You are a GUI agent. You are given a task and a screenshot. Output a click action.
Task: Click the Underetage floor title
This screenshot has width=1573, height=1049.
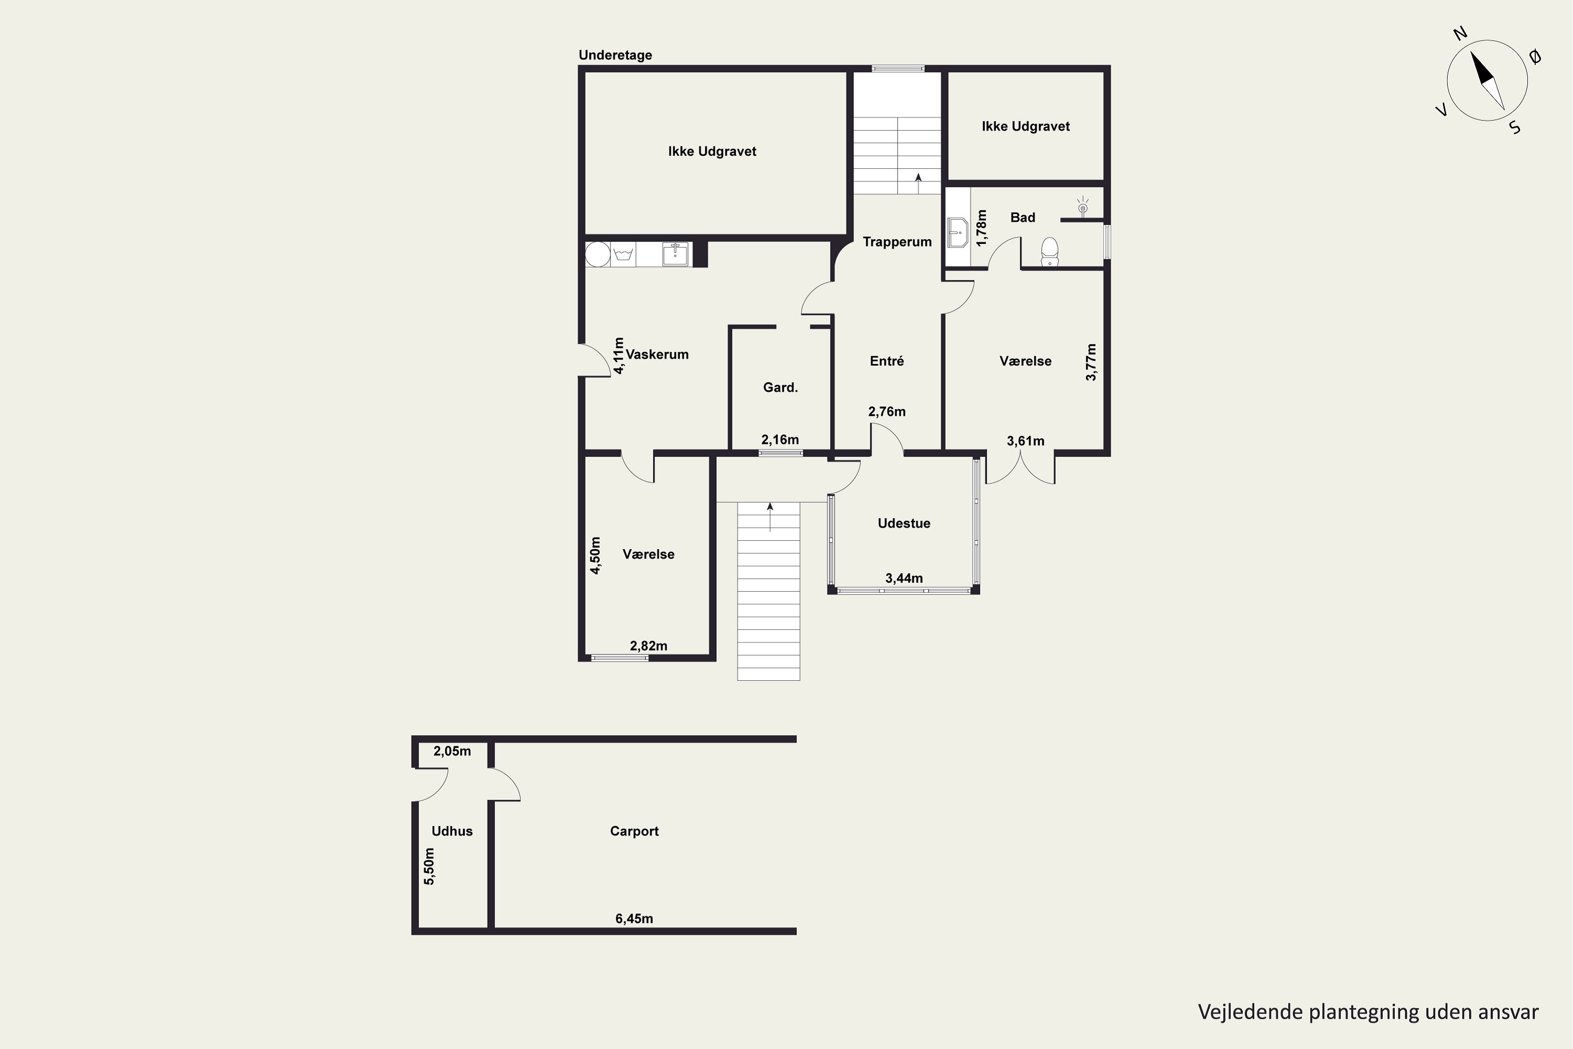pos(615,56)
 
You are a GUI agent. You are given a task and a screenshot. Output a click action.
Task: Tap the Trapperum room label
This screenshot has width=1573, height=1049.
pos(897,241)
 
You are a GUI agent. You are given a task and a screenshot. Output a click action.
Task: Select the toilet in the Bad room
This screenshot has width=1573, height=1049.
pos(1049,252)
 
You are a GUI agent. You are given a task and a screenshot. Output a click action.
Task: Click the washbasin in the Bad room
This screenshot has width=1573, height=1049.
pos(958,233)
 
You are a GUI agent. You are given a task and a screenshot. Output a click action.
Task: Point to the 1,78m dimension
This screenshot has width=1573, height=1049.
pos(981,228)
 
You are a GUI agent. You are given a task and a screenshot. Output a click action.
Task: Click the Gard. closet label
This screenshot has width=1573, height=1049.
pos(781,388)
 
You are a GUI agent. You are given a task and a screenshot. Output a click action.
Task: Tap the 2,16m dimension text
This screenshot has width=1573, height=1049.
pos(780,440)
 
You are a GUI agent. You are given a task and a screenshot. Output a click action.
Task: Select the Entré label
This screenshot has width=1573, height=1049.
pos(887,361)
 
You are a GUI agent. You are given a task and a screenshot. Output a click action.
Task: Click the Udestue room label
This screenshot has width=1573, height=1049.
pos(903,523)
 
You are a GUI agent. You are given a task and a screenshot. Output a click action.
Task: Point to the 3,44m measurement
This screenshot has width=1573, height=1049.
pos(903,578)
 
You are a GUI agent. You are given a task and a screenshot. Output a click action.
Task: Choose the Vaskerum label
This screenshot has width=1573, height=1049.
pos(657,355)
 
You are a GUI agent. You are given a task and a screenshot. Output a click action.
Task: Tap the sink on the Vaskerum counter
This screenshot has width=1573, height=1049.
pos(675,254)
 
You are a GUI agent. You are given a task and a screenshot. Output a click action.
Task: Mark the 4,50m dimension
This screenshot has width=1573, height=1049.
pos(595,555)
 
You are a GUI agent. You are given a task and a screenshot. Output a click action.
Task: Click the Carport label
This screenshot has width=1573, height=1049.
pos(634,831)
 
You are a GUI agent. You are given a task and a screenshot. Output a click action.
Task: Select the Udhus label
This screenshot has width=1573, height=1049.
pos(452,831)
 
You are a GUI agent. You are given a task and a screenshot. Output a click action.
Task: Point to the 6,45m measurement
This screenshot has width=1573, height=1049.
pos(634,918)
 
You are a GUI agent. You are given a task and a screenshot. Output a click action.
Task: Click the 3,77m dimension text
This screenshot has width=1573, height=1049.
pos(1091,362)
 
